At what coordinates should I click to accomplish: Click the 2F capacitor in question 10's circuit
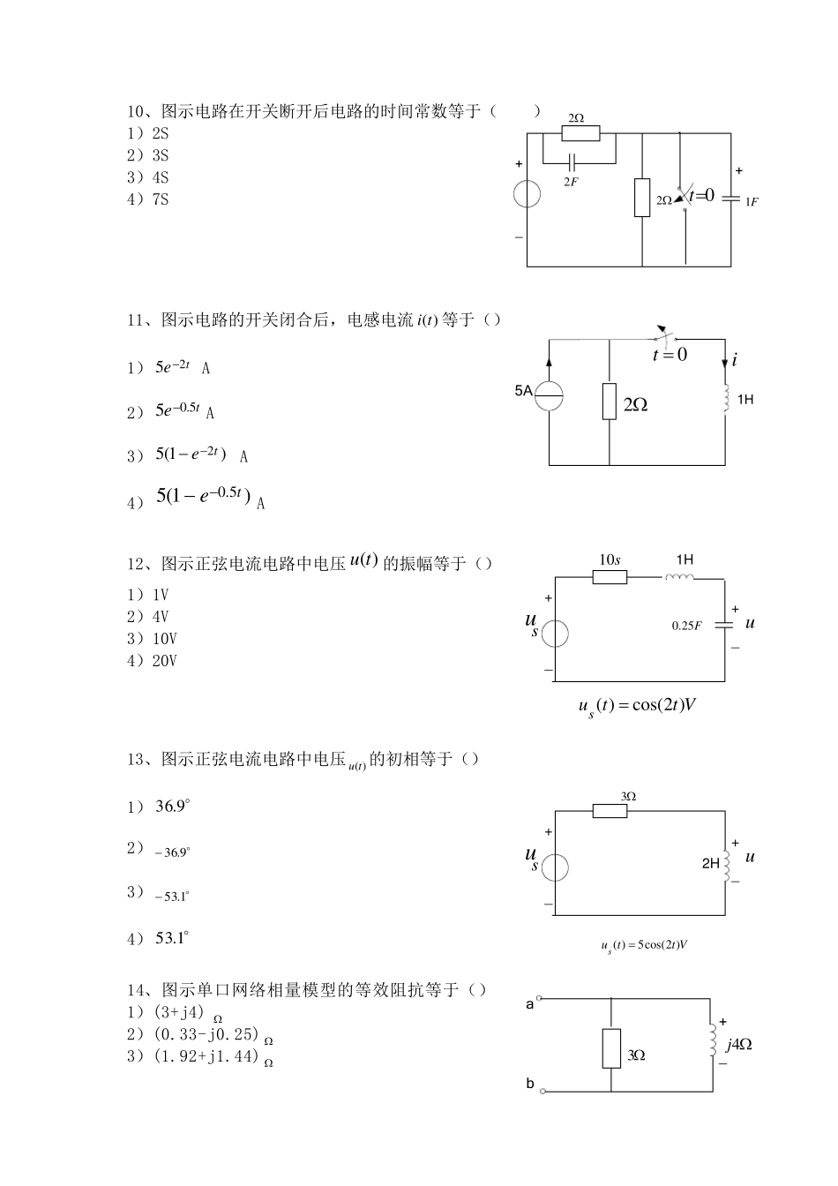tap(572, 163)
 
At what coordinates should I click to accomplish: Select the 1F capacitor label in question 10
tap(752, 201)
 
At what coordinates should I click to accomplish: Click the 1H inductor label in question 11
tap(744, 400)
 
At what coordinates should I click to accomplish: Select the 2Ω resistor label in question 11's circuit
tap(635, 404)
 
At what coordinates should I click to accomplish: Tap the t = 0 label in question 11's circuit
tap(670, 355)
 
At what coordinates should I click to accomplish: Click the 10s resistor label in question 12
tap(610, 560)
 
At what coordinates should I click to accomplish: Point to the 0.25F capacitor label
tap(686, 626)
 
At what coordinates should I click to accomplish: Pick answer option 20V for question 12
tap(152, 661)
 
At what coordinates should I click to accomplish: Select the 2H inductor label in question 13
tap(710, 864)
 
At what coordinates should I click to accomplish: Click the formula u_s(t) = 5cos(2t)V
tap(643, 945)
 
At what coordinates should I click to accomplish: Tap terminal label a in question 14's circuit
tap(529, 1004)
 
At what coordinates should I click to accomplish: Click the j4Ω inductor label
tap(738, 1045)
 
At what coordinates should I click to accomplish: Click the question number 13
tap(137, 759)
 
